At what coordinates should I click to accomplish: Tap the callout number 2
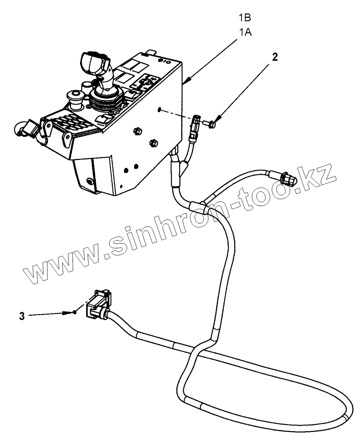tap(275, 57)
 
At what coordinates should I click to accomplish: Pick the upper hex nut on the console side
tap(137, 131)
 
